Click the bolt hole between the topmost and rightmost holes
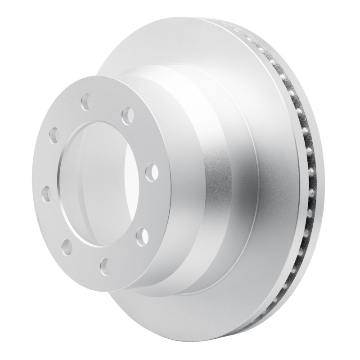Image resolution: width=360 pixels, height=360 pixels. click(127, 112)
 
